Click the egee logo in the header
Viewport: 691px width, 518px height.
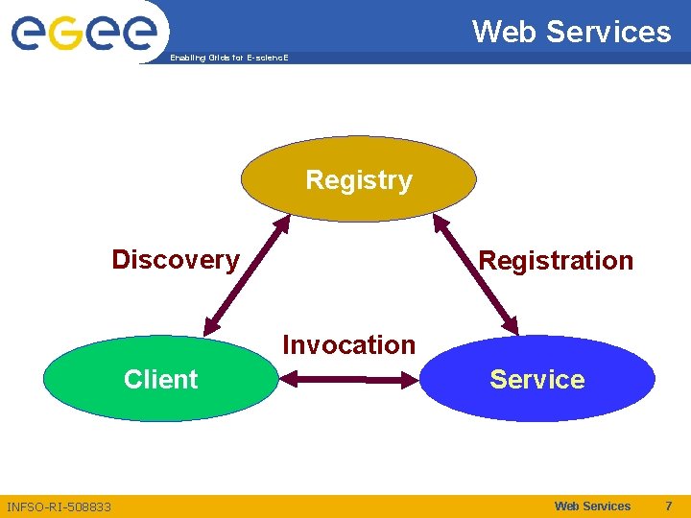(83, 32)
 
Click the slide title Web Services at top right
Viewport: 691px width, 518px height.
(571, 32)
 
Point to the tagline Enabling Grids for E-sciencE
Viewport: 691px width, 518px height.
(228, 58)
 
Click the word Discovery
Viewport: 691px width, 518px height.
(176, 260)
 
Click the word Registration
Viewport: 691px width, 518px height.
(556, 261)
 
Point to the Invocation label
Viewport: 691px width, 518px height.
(348, 344)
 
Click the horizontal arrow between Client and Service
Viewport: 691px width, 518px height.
(349, 381)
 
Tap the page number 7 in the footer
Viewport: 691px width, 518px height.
(668, 506)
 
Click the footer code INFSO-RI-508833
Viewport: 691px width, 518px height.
(59, 506)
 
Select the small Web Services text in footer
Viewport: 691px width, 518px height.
(592, 506)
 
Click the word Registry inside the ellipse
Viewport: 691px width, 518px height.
(358, 180)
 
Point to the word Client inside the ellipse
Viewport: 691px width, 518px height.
(160, 380)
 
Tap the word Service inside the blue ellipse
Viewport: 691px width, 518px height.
(537, 380)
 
